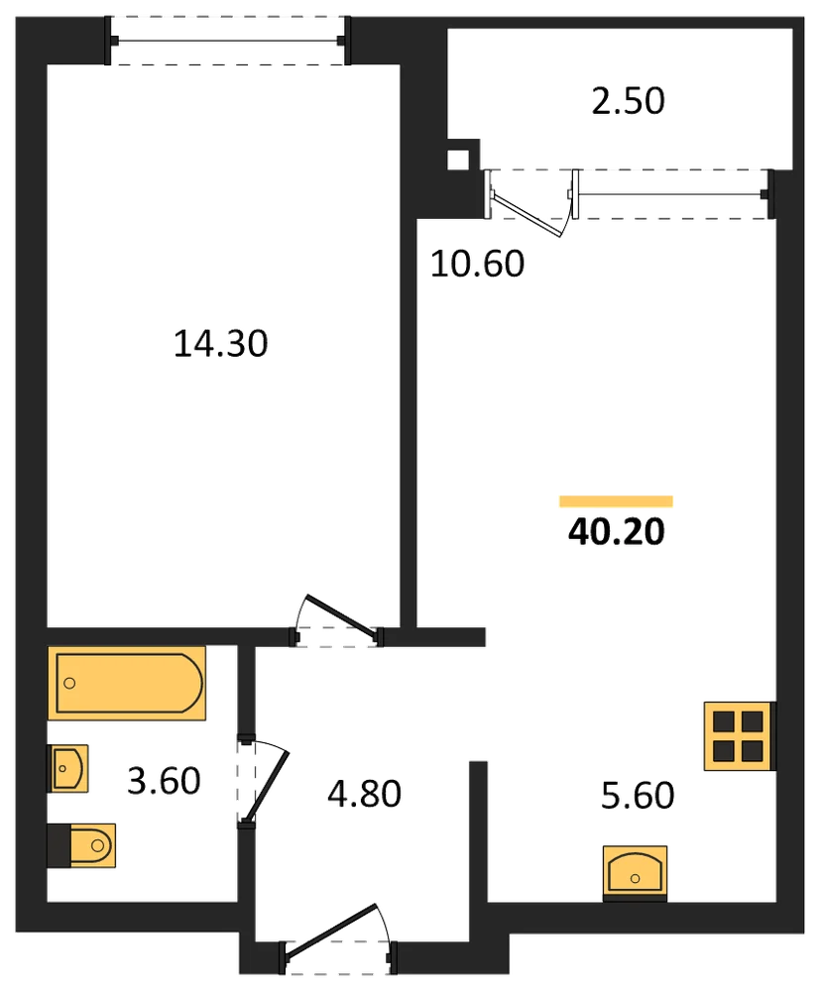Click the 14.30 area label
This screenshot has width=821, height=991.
[221, 344]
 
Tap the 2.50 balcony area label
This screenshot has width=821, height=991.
[628, 101]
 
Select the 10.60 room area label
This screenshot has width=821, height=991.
[478, 264]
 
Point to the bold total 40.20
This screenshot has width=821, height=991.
[617, 531]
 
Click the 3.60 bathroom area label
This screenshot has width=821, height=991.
[164, 781]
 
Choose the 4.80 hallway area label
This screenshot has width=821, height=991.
[364, 794]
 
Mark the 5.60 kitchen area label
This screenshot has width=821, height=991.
[638, 795]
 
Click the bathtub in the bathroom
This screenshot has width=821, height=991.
[127, 683]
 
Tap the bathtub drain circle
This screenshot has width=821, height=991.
[70, 683]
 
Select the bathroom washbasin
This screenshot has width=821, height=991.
[67, 769]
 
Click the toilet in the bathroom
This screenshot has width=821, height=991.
[81, 845]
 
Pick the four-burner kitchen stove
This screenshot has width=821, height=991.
[739, 736]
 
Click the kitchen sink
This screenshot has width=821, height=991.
[635, 873]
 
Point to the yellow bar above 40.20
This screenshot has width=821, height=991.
[616, 501]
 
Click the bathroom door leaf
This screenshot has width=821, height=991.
[267, 787]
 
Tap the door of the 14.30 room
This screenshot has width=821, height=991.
[342, 616]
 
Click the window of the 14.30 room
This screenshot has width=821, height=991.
[228, 41]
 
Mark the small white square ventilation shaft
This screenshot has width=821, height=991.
[458, 160]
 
